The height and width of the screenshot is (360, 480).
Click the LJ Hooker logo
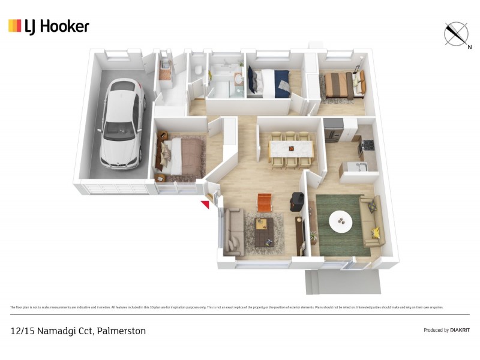[x=49, y=26]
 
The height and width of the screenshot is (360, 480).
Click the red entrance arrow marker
[x=205, y=205]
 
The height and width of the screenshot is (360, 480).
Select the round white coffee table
[x=341, y=222]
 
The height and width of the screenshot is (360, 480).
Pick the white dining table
[x=291, y=148]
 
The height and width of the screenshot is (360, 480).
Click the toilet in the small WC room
[x=197, y=71]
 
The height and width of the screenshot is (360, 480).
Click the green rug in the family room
[x=339, y=225]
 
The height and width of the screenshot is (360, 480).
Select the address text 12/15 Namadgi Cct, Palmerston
[x=78, y=331]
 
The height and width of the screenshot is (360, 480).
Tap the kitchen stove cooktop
[x=367, y=145]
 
